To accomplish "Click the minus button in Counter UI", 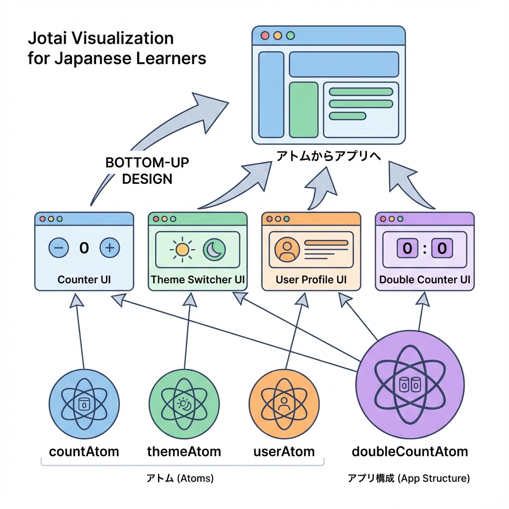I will tap(59, 247).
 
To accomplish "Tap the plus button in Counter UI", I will tap(110, 247).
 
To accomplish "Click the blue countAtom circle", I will tap(84, 402).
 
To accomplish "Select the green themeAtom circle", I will tap(184, 402).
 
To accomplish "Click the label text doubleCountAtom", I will tap(410, 451).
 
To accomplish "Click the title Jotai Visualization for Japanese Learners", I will tap(116, 48).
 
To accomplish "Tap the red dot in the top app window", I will tap(264, 36).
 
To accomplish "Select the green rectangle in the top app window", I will tap(303, 109).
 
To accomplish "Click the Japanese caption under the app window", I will tap(329, 156).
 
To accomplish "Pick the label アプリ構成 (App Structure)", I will tap(409, 479).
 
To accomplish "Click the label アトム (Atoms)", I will tap(180, 479).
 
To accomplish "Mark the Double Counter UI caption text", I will tap(424, 279).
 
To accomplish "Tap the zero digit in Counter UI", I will tap(84, 248).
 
